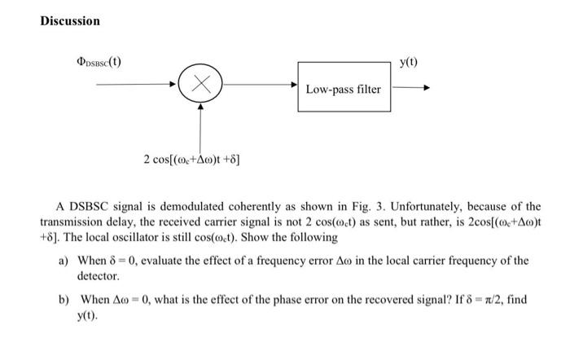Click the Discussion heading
tap(71, 20)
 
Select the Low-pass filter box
tap(343, 88)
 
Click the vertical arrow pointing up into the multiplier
tap(199, 126)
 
